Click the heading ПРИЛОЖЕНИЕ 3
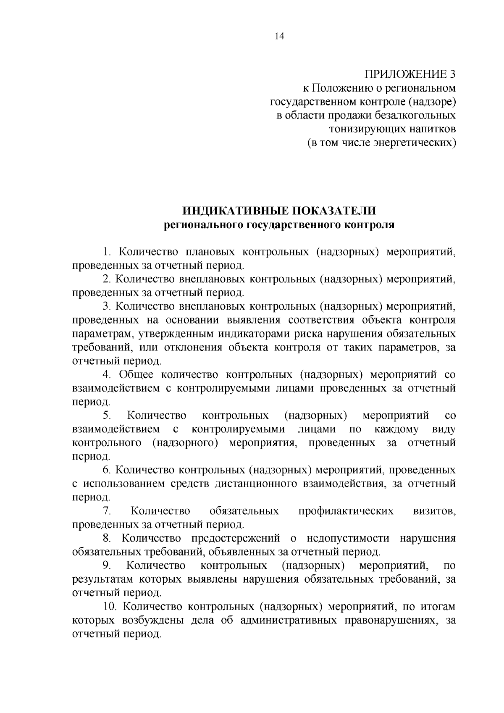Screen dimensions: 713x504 (x=409, y=75)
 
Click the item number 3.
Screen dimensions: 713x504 (x=106, y=307)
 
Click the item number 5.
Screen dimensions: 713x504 (x=107, y=416)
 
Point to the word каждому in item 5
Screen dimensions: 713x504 (x=396, y=429)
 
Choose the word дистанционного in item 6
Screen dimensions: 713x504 (x=253, y=484)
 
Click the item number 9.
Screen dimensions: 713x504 (x=106, y=566)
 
